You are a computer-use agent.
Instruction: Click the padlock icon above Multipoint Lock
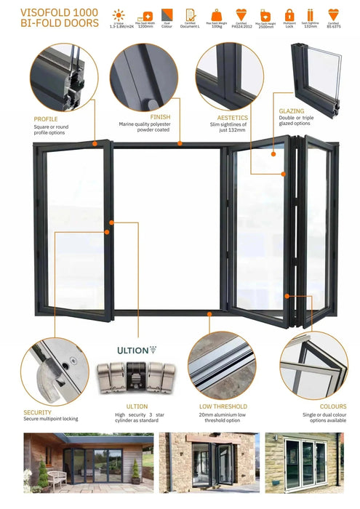(289, 15)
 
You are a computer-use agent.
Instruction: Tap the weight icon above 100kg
(216, 15)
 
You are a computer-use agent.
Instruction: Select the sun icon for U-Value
(119, 15)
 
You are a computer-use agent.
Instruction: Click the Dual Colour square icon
(167, 15)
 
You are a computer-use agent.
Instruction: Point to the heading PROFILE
(45, 119)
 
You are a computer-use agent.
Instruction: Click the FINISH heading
(160, 116)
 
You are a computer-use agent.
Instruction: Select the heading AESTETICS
(233, 117)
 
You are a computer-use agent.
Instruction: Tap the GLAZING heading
(291, 111)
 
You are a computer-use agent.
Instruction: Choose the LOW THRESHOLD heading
(223, 406)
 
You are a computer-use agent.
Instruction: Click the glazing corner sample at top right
(316, 73)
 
